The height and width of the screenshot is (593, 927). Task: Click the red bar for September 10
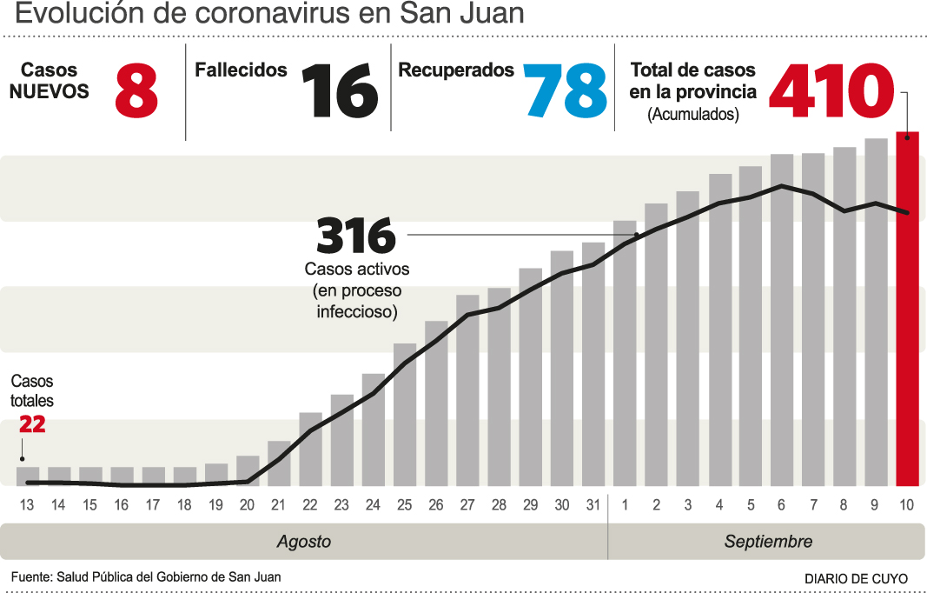(x=907, y=309)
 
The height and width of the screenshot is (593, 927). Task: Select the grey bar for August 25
(x=405, y=415)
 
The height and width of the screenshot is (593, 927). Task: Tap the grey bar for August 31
(x=593, y=364)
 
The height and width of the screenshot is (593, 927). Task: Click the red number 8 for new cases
(x=136, y=91)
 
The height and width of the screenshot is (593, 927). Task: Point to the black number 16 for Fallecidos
(x=340, y=91)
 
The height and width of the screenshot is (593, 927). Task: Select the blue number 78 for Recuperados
(x=566, y=91)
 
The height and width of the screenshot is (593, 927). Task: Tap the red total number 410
(x=831, y=91)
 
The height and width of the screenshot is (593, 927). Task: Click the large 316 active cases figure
(x=356, y=237)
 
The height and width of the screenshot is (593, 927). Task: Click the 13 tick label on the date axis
(x=27, y=505)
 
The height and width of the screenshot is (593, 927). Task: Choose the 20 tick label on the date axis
(x=248, y=505)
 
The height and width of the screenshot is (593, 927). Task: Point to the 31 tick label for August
(x=593, y=505)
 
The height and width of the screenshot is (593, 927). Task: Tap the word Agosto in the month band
(x=304, y=542)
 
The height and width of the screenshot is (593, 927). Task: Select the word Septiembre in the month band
(x=768, y=542)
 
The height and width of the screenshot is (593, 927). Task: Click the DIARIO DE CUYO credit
(x=856, y=578)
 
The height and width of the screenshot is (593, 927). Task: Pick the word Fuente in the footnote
(x=30, y=576)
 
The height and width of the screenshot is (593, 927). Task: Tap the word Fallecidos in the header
(x=241, y=70)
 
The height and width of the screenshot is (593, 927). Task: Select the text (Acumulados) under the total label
(x=693, y=114)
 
